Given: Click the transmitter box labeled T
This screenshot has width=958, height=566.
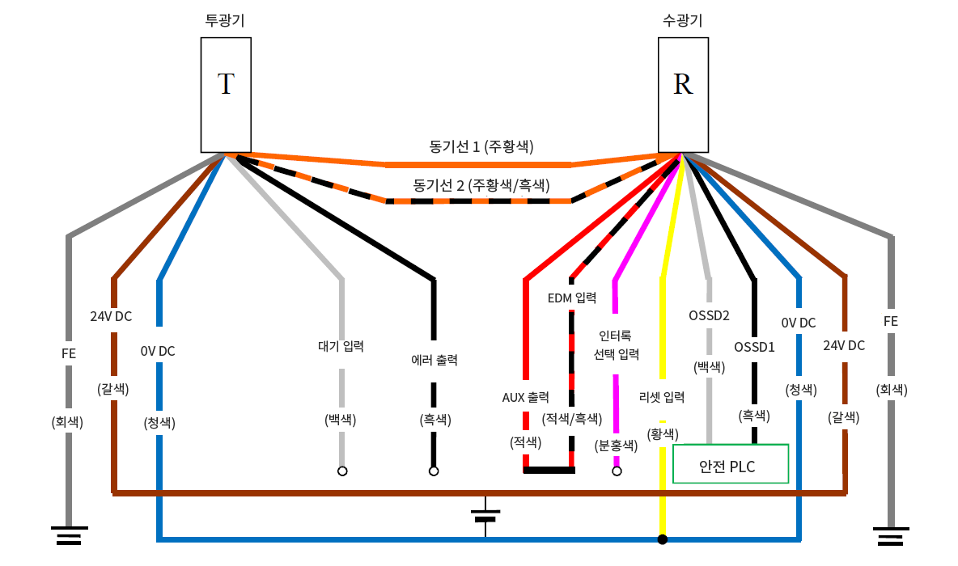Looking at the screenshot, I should click(x=226, y=94).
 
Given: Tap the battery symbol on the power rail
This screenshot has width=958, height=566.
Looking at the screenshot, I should click(x=485, y=515).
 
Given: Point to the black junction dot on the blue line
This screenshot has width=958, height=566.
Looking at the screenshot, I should click(x=663, y=539).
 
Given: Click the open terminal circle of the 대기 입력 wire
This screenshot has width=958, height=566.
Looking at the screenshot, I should click(x=342, y=471).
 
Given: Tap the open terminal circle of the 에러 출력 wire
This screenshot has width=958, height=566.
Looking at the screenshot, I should click(x=434, y=471).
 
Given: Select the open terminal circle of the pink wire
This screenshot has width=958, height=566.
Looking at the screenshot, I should click(x=617, y=471).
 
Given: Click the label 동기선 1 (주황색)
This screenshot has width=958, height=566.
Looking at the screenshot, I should click(x=481, y=146).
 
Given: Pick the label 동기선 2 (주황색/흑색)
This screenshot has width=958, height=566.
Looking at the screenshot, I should click(x=481, y=184).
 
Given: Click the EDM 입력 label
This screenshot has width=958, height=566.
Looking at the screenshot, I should click(x=572, y=298).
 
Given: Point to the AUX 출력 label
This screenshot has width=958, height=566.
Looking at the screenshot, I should click(x=526, y=397).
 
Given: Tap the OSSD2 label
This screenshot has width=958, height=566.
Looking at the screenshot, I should click(x=710, y=315).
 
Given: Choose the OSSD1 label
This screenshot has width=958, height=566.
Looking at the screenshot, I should click(x=754, y=347).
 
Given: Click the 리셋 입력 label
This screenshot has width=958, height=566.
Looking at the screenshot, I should click(x=662, y=397).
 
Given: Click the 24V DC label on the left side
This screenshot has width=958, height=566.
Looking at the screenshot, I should click(x=112, y=316).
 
